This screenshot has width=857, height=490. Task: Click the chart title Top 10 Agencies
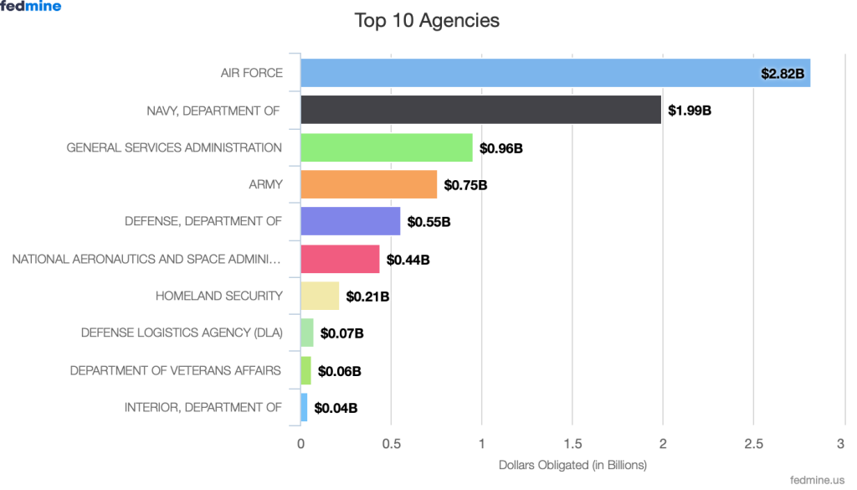click(427, 20)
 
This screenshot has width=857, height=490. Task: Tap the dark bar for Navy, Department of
click(480, 110)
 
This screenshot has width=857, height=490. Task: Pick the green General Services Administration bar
click(386, 147)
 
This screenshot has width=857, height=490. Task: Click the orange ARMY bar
click(368, 184)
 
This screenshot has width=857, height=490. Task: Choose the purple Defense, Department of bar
click(350, 221)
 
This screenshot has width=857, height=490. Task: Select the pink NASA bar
click(340, 259)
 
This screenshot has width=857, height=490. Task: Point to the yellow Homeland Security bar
click(320, 296)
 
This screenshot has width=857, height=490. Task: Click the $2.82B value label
click(783, 74)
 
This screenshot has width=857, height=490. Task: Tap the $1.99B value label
click(690, 111)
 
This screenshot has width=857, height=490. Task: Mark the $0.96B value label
click(501, 148)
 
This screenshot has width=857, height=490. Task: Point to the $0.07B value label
click(341, 334)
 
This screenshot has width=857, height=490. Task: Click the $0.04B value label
click(336, 409)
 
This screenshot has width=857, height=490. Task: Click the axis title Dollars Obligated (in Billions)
click(572, 464)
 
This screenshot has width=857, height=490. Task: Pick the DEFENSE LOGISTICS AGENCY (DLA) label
click(182, 333)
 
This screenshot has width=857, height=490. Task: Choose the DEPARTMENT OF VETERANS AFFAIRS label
click(176, 370)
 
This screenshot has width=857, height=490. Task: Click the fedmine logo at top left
click(31, 7)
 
